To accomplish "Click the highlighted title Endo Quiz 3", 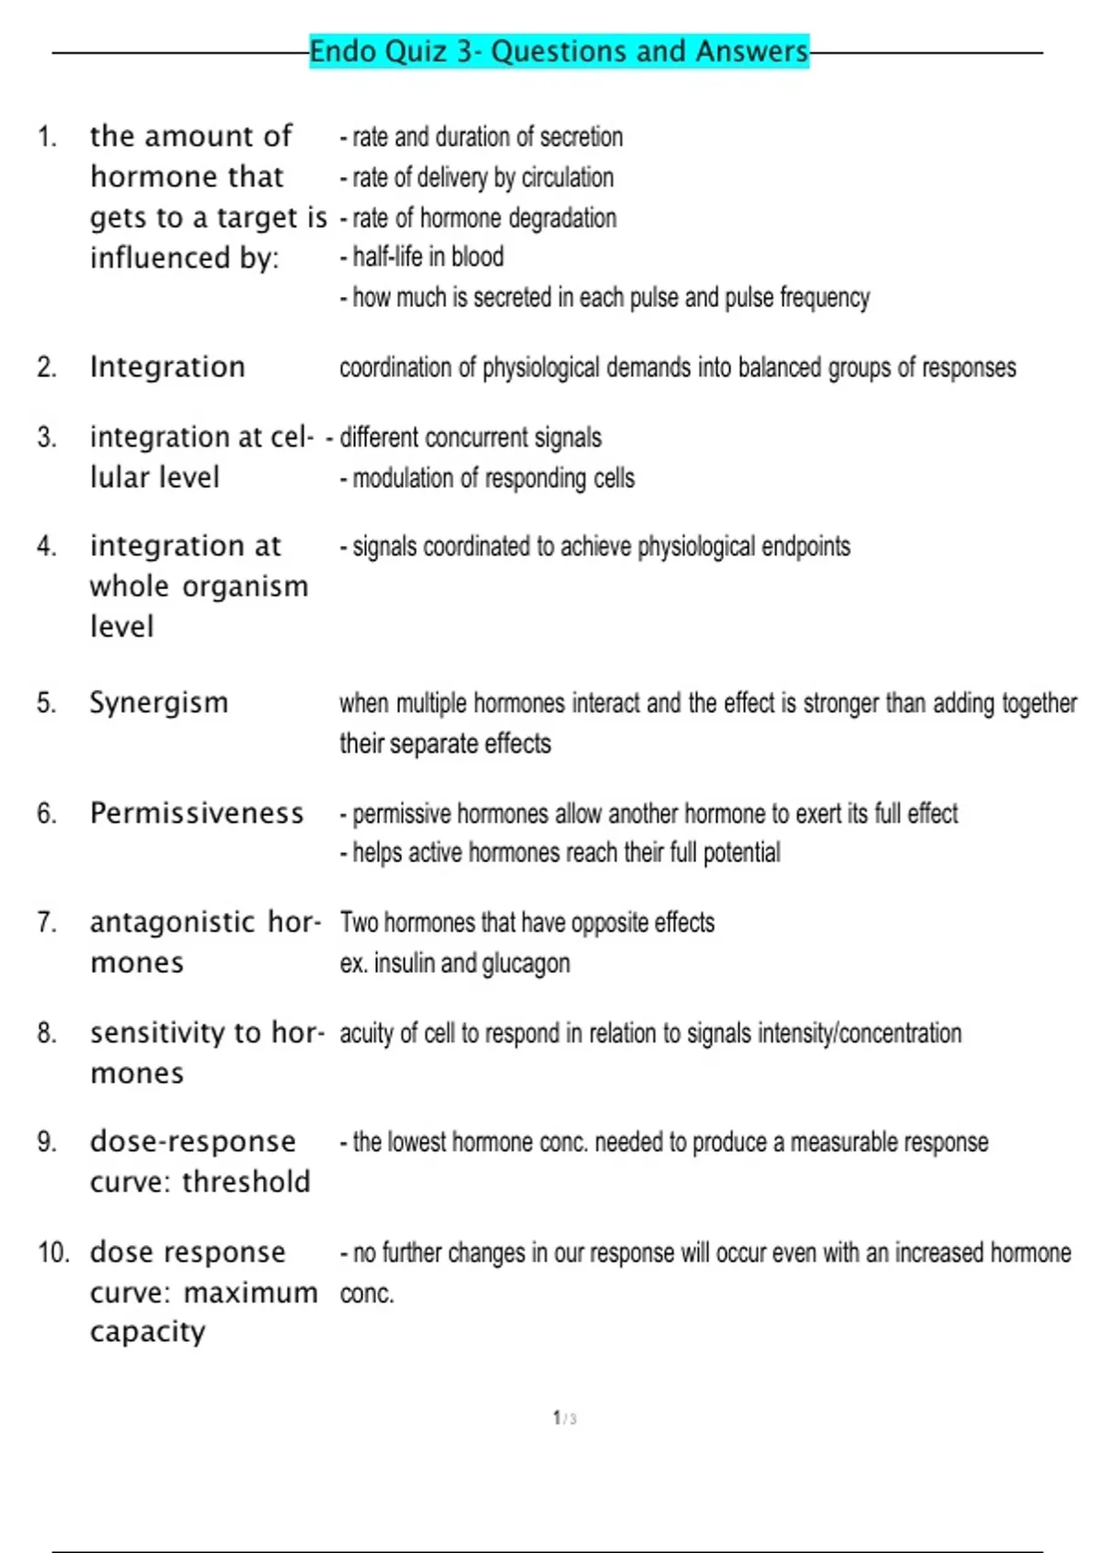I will [558, 51].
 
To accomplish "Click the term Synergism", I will [159, 703].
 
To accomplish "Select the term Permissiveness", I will [196, 813].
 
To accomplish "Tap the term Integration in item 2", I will [167, 367].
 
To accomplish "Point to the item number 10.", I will [53, 1252].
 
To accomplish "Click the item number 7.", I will [47, 923].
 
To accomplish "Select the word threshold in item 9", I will [246, 1182].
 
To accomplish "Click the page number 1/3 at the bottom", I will [564, 1418].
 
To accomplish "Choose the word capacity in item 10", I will [147, 1333].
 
